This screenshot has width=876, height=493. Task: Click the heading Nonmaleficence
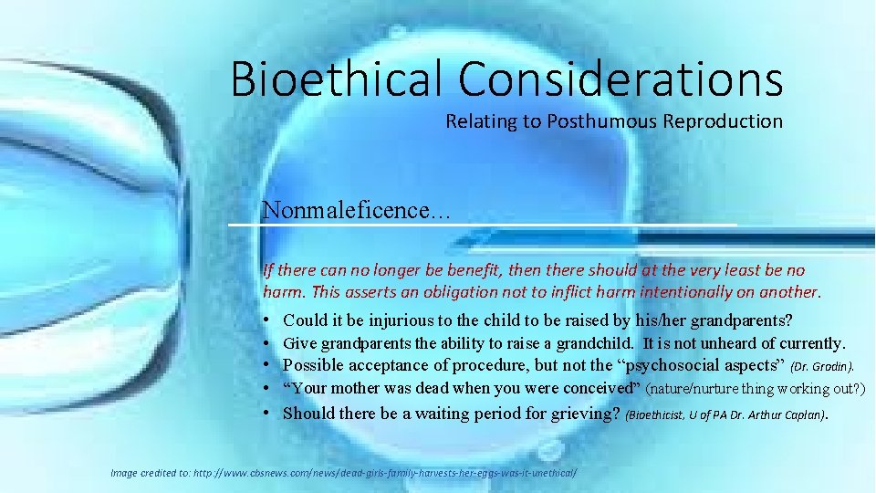[355, 210]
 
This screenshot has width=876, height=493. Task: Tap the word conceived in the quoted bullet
[592, 389]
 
